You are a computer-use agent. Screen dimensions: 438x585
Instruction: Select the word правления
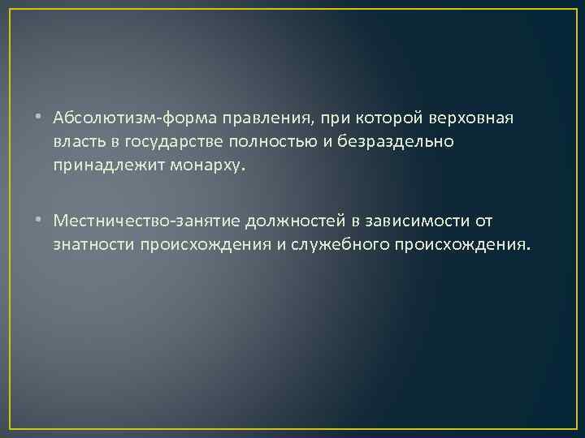point(249,119)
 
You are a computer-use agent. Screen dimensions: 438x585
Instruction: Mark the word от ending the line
point(483,221)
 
